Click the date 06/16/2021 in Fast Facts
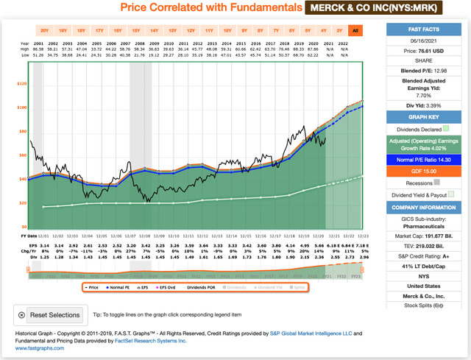tap(427, 43)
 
